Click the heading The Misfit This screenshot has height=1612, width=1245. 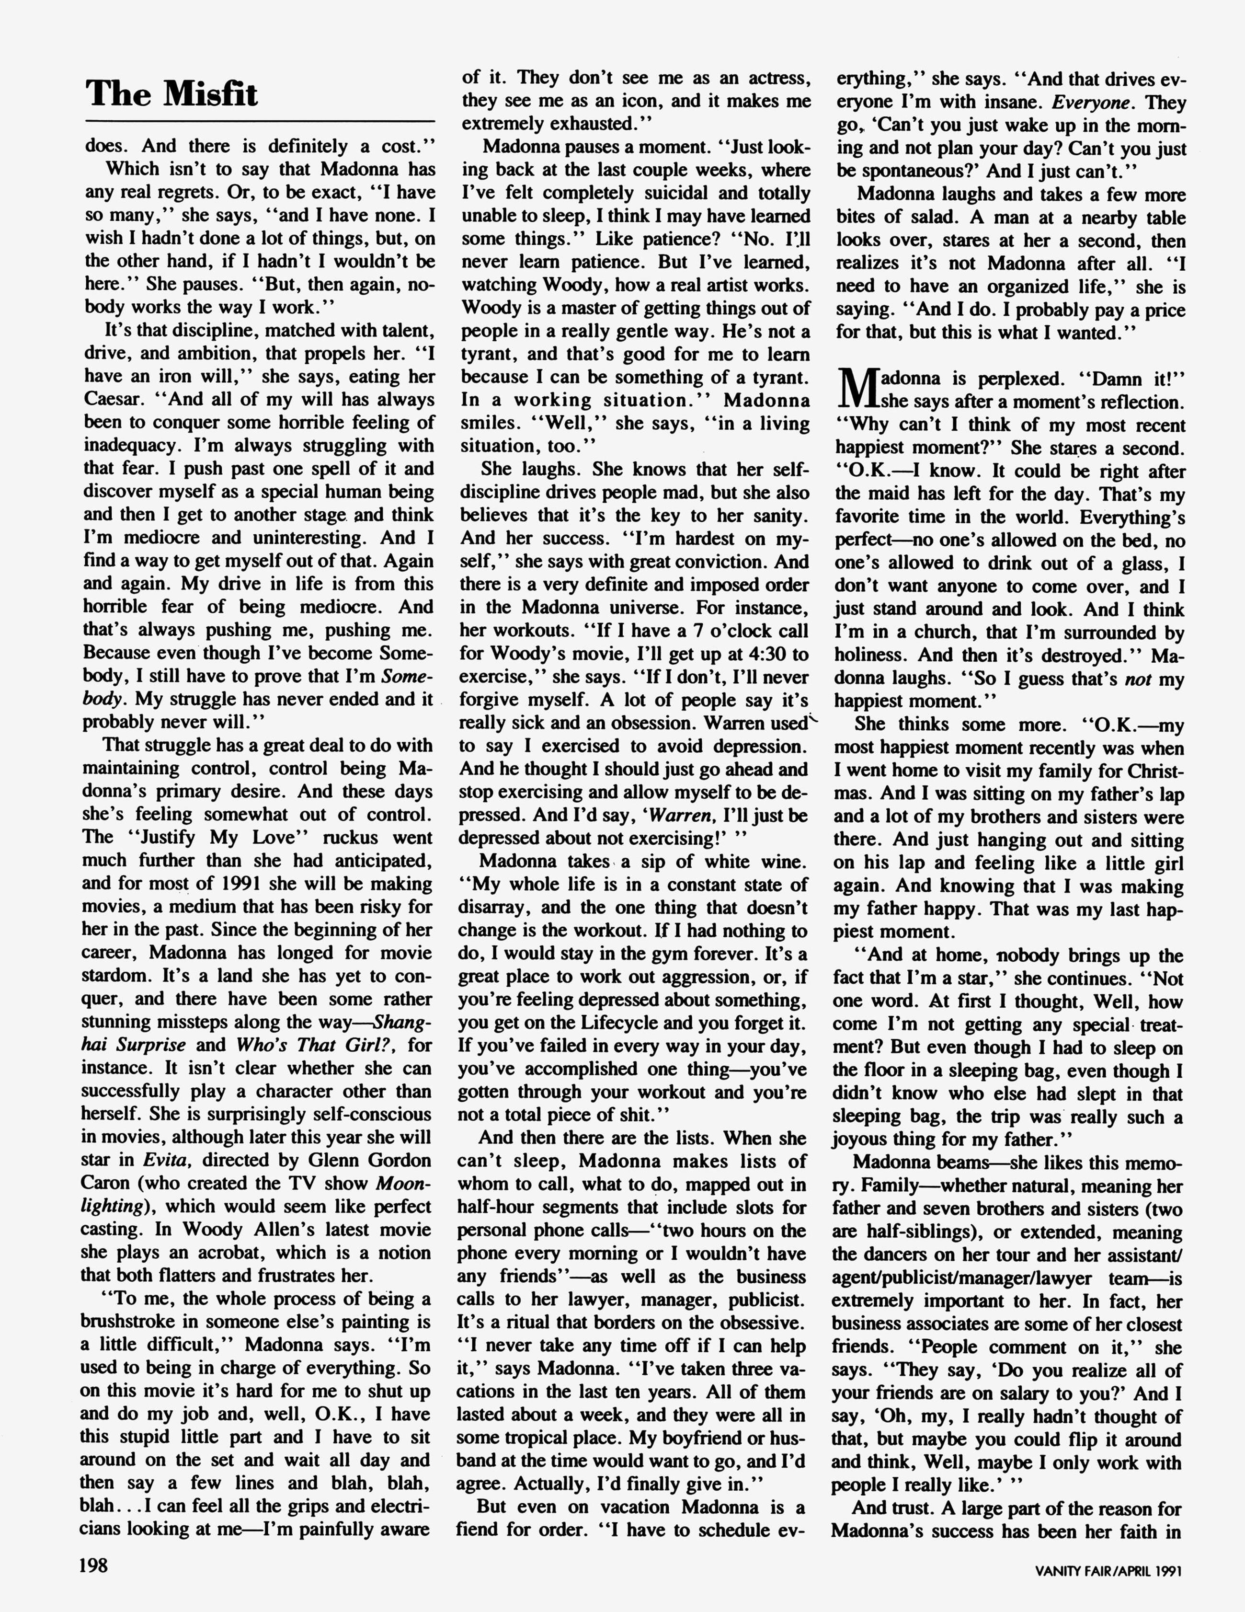172,94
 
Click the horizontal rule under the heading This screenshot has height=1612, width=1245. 260,120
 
